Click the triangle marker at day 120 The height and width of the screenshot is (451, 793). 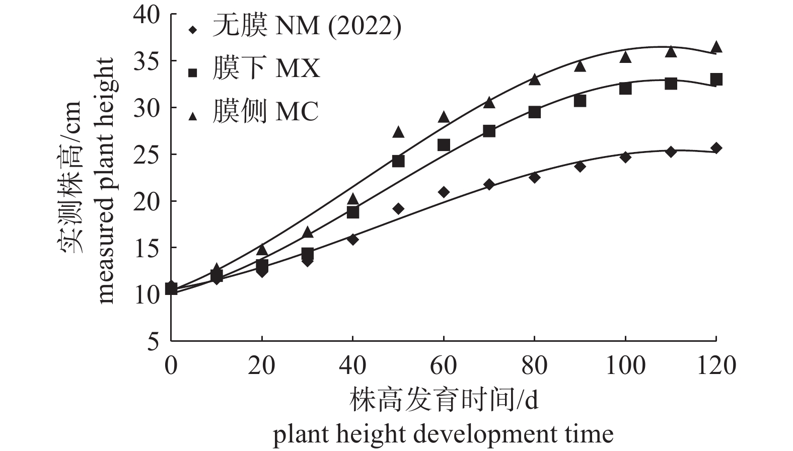[x=716, y=47]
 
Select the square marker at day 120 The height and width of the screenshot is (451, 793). [x=716, y=80]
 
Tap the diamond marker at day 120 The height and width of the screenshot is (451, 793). [x=716, y=148]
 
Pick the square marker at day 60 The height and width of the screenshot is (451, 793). [x=444, y=145]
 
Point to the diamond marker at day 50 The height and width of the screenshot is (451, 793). [x=398, y=208]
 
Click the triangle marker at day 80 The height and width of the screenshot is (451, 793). [x=534, y=80]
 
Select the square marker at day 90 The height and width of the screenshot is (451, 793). [x=580, y=101]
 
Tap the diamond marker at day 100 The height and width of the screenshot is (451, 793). [x=625, y=157]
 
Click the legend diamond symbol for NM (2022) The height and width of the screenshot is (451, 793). [x=192, y=30]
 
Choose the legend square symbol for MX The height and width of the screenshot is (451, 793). [x=192, y=72]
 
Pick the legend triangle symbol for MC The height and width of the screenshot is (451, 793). [x=192, y=116]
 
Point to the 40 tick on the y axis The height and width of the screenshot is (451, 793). [x=147, y=15]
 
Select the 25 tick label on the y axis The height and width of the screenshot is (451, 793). [x=147, y=155]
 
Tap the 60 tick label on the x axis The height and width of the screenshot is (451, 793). [x=444, y=366]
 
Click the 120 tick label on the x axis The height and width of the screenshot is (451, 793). [x=716, y=366]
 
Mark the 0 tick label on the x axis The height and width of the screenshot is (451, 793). [x=171, y=366]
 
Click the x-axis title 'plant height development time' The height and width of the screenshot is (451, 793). [x=443, y=434]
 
